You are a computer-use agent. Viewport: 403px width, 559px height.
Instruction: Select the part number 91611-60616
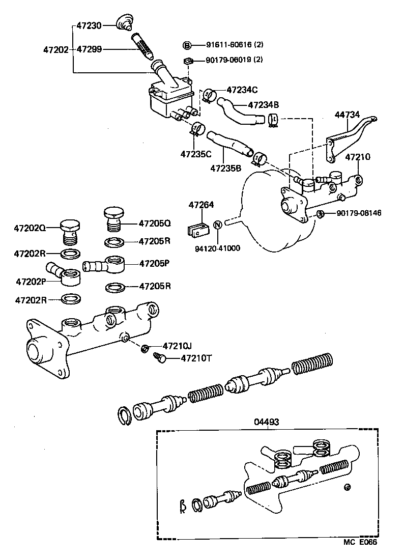(x=222, y=46)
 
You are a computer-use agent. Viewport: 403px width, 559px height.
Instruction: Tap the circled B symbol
(x=187, y=46)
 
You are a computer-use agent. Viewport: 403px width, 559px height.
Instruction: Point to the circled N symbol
(x=217, y=224)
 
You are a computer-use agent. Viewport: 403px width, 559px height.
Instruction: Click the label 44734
(x=347, y=115)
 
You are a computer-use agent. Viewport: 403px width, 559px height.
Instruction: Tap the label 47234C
(x=242, y=90)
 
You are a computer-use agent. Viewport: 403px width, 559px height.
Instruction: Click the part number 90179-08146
(x=358, y=213)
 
